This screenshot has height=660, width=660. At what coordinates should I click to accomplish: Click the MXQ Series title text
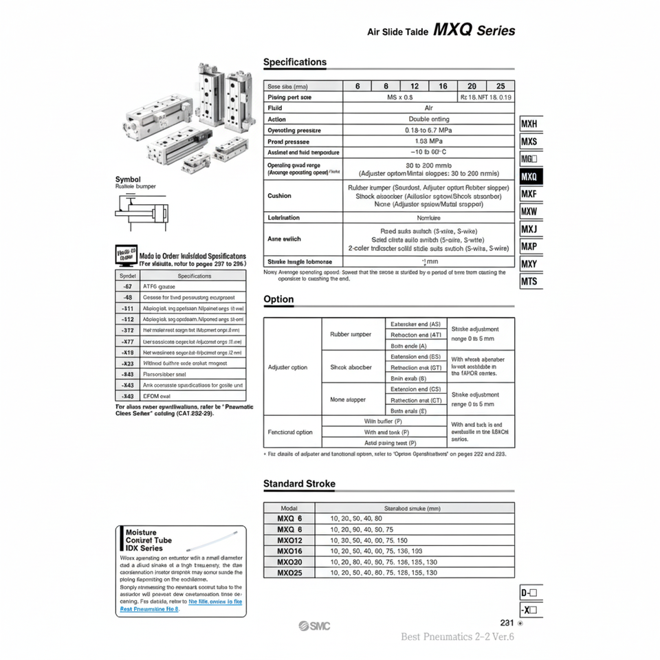474,30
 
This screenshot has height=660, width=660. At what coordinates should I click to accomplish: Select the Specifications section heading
295,62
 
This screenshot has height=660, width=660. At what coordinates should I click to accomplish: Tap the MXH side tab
529,124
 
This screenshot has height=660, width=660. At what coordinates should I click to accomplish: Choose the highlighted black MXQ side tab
529,177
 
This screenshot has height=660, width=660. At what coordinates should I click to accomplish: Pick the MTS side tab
529,281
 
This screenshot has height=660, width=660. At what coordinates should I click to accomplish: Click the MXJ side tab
529,229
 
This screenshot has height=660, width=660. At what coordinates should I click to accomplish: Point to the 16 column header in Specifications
443,87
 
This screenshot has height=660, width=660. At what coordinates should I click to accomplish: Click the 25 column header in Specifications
500,87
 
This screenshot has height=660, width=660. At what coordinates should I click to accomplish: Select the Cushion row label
279,196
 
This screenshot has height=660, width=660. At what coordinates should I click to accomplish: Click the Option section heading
278,299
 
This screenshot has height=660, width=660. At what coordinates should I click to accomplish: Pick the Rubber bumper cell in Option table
350,335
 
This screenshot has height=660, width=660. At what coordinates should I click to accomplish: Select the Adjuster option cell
288,367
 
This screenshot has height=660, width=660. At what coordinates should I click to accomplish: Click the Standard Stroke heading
299,483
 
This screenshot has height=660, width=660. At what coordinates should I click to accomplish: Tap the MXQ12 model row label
289,540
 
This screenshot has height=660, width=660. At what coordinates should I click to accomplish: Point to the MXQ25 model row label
289,572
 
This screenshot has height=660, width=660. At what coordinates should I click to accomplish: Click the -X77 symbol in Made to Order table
127,342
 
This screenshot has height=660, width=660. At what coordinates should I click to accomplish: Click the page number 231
507,623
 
